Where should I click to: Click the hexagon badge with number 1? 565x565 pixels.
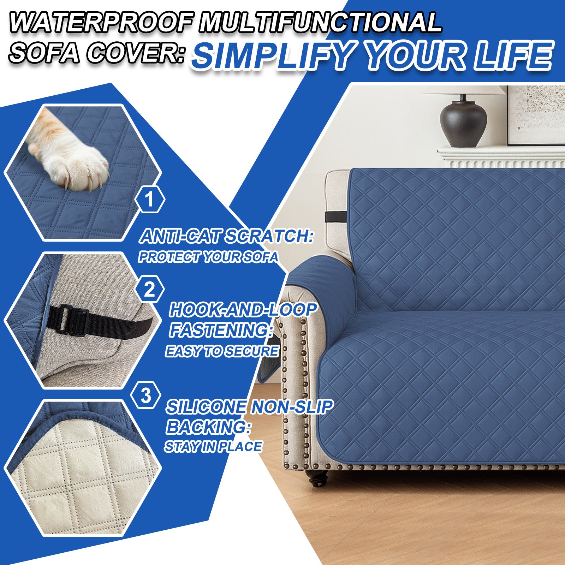(150, 200)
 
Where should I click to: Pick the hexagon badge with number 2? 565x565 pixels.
(149, 290)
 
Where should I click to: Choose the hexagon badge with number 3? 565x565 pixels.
(145, 396)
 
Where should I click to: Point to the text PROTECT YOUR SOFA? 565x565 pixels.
(208, 257)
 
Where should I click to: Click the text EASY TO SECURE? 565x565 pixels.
(222, 351)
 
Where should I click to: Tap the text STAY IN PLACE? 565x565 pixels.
(213, 447)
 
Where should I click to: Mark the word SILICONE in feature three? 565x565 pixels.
(206, 407)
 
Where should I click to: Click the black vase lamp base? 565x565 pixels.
(463, 124)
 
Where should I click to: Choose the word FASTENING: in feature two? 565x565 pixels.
(221, 330)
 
